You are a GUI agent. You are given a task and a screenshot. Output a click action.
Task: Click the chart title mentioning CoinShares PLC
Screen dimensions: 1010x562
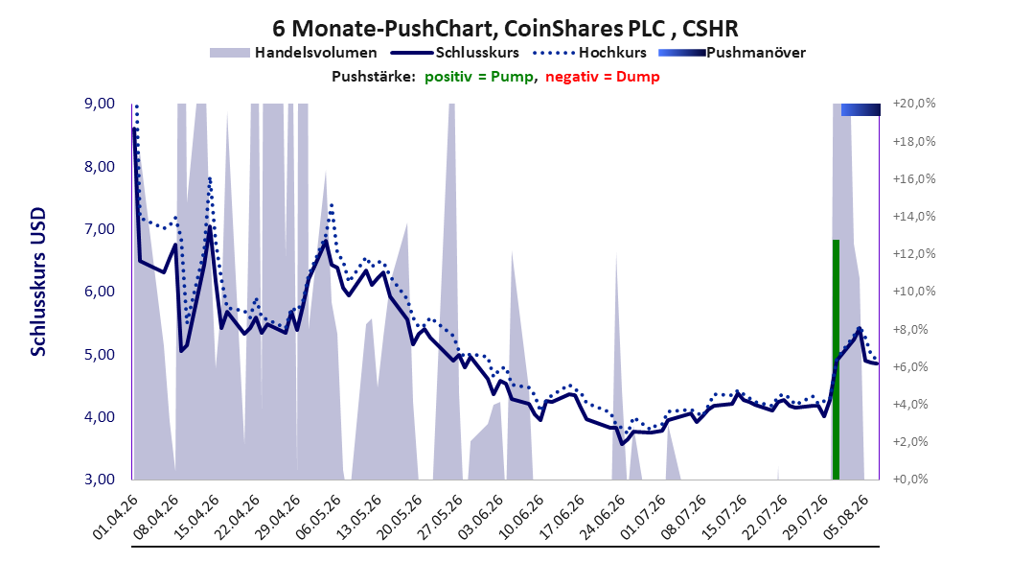505,29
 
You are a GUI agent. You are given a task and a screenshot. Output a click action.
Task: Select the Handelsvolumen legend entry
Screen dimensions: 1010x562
293,53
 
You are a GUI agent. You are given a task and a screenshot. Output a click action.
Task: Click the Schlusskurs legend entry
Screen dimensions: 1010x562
455,53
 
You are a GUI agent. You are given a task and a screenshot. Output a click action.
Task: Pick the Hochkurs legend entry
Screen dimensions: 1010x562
588,53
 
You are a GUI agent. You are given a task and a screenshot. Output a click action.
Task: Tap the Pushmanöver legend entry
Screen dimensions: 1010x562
732,53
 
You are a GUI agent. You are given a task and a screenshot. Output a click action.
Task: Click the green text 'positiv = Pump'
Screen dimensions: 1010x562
479,77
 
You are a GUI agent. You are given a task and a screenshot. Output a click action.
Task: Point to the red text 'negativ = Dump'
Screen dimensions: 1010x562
603,77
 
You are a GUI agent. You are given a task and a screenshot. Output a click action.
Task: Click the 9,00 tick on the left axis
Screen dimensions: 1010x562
100,104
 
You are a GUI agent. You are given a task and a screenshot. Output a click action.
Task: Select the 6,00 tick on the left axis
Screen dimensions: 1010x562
100,292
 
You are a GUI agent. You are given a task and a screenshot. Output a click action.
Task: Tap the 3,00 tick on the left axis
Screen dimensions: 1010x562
100,479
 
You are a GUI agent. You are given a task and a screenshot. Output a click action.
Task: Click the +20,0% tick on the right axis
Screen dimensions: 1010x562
914,104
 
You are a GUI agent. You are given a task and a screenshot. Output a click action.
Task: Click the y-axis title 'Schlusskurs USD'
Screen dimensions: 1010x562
38,282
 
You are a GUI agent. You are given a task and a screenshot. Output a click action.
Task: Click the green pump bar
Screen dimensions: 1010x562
837,360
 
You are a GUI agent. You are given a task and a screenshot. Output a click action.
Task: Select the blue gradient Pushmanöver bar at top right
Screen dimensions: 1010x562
861,109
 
